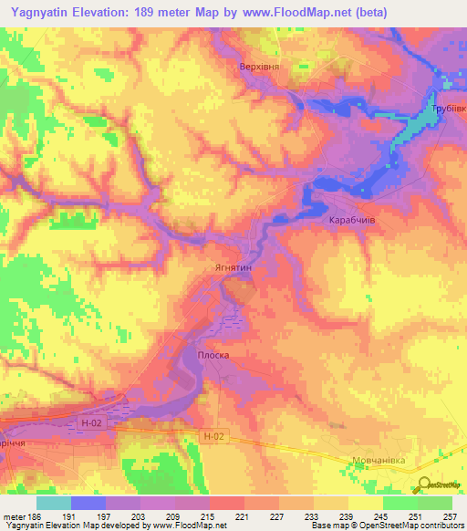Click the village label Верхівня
[x=260, y=67]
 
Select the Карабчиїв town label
[x=352, y=222]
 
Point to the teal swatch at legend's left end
[x=53, y=502]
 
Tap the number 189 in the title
[x=157, y=12]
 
